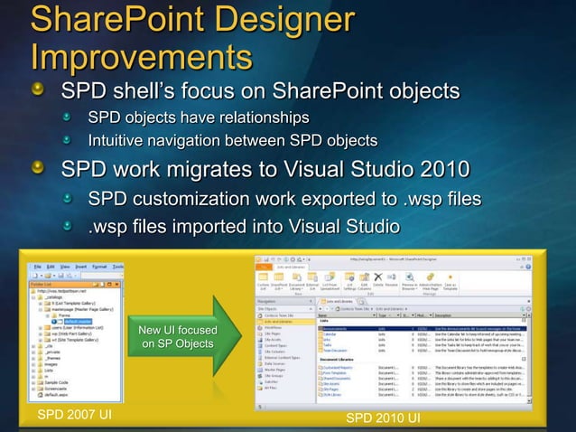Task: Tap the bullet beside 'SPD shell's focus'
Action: [x=39, y=92]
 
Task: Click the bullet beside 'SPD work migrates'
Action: [x=39, y=171]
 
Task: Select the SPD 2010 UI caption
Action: [x=383, y=418]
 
